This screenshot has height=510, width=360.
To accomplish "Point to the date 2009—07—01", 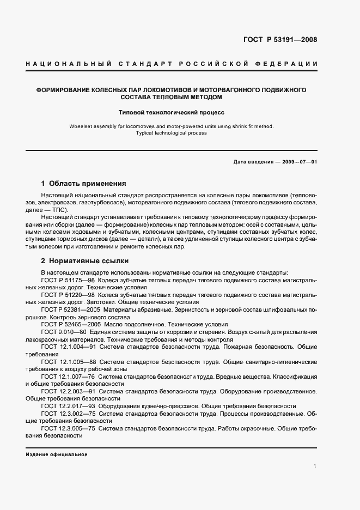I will pyautogui.click(x=300, y=162).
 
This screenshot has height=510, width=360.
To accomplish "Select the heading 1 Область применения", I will pyautogui.click(x=83, y=184).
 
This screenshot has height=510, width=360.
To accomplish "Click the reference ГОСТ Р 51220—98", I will pyautogui.click(x=65, y=295).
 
